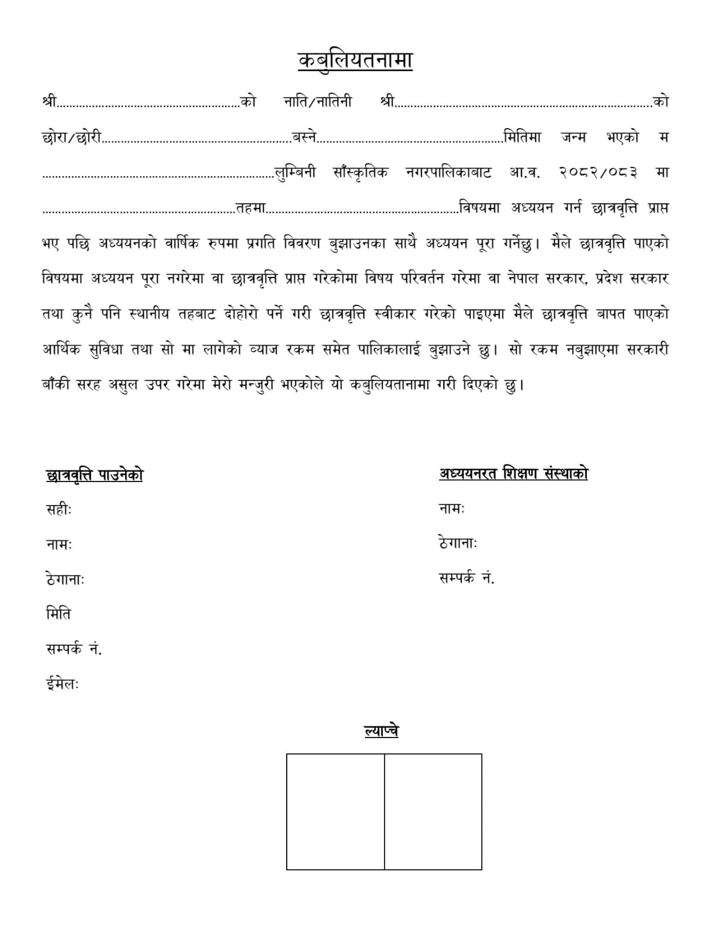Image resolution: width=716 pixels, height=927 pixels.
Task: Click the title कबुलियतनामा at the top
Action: (x=355, y=61)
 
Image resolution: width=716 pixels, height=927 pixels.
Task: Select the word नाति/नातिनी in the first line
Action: (x=317, y=101)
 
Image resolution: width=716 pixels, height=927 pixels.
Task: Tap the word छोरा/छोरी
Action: (x=72, y=137)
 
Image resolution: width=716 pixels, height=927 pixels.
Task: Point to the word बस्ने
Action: (x=305, y=137)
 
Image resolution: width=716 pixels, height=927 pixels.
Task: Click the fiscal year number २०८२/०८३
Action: (x=599, y=172)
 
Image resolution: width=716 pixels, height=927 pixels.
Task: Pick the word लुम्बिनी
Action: (x=295, y=173)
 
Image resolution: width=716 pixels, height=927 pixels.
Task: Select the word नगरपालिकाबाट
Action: (x=448, y=172)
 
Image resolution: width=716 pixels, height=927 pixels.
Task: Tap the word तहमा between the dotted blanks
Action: (x=250, y=208)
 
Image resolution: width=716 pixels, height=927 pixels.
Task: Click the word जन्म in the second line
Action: (x=573, y=137)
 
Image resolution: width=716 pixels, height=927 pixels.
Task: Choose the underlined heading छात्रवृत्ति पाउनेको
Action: (x=94, y=475)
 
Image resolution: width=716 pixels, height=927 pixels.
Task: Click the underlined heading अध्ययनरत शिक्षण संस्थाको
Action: (x=513, y=474)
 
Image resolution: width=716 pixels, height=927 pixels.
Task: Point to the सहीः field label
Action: (x=59, y=510)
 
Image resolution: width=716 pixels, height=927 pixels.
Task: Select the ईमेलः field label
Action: (x=62, y=684)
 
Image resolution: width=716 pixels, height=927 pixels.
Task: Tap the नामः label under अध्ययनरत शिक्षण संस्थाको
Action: (x=452, y=509)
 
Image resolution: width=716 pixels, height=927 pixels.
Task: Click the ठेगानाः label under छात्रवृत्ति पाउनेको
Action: (x=65, y=579)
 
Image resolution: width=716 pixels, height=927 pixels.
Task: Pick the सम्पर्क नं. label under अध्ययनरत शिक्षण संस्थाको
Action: (x=467, y=578)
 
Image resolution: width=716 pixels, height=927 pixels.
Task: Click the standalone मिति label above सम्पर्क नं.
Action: (x=58, y=614)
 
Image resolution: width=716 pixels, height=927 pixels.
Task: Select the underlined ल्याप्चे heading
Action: (x=381, y=731)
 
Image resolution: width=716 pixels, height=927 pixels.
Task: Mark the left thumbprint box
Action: (x=335, y=811)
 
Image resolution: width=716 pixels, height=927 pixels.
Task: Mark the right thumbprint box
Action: (x=433, y=811)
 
